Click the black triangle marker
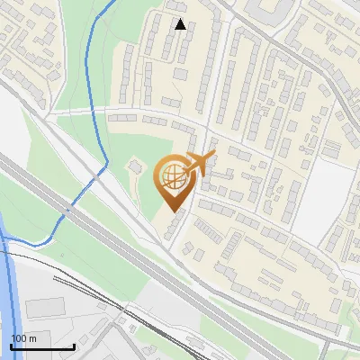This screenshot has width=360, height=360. click(x=180, y=24)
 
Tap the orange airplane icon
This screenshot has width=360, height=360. click(x=201, y=163)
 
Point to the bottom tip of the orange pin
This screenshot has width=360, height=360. click(x=173, y=211)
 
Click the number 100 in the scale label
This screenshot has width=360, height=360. click(x=19, y=338)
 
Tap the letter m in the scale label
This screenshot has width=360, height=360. click(x=32, y=338)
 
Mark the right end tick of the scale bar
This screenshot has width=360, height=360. click(x=74, y=345)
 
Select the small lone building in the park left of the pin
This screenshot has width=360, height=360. click(x=135, y=167)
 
